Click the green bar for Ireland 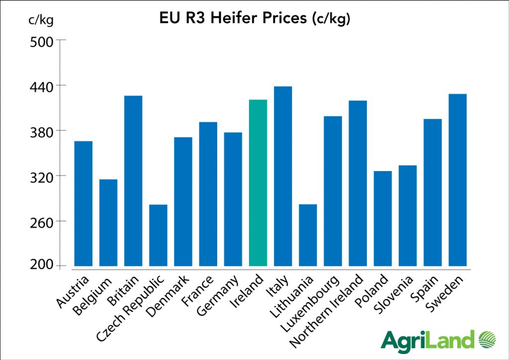(x=258, y=182)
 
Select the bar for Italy (x=283, y=176)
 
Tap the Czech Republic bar (x=158, y=235)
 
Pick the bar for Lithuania (x=308, y=235)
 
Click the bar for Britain (x=133, y=180)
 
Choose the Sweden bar (x=457, y=180)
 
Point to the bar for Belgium (x=108, y=222)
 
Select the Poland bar (x=383, y=218)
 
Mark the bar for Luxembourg (x=333, y=191)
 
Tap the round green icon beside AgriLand (x=488, y=341)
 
